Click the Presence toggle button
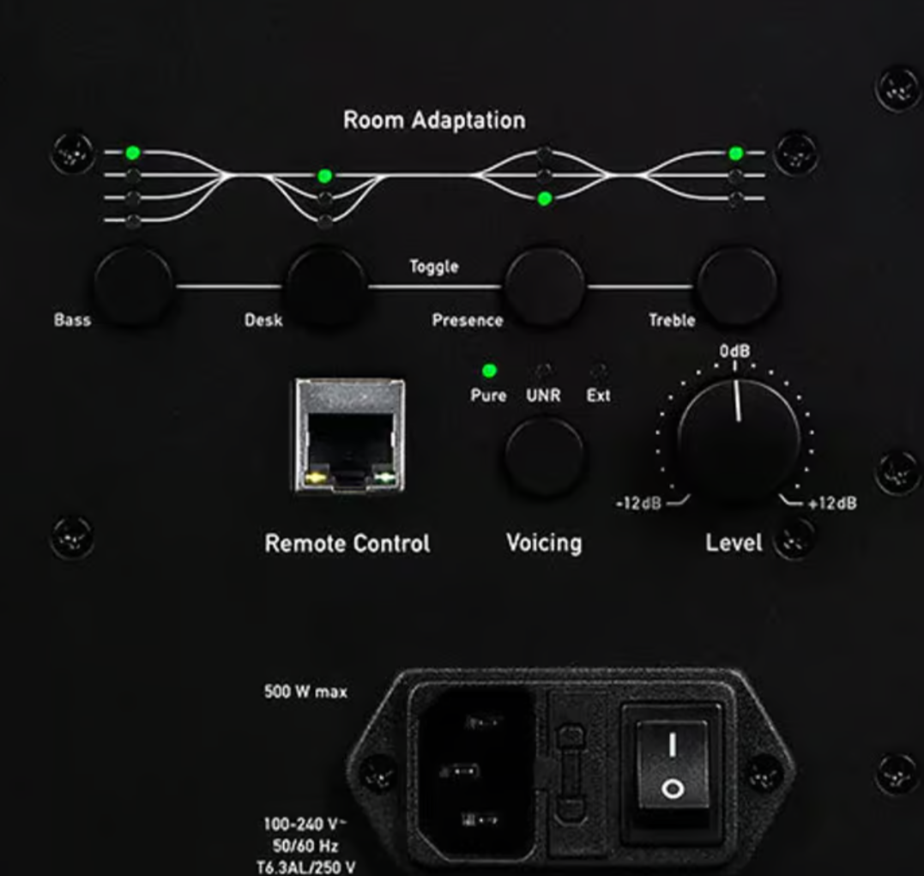[545, 287]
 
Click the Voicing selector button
[545, 456]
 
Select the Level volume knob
[738, 441]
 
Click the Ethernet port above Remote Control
[350, 436]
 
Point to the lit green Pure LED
[489, 371]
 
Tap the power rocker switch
[673, 765]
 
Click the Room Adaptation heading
[434, 120]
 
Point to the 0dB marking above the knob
[734, 351]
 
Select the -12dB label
[638, 504]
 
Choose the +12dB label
[832, 504]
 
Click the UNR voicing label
[543, 396]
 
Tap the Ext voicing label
[598, 396]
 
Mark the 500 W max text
[305, 692]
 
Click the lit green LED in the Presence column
[545, 199]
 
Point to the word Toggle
[434, 267]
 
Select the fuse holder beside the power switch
[571, 773]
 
